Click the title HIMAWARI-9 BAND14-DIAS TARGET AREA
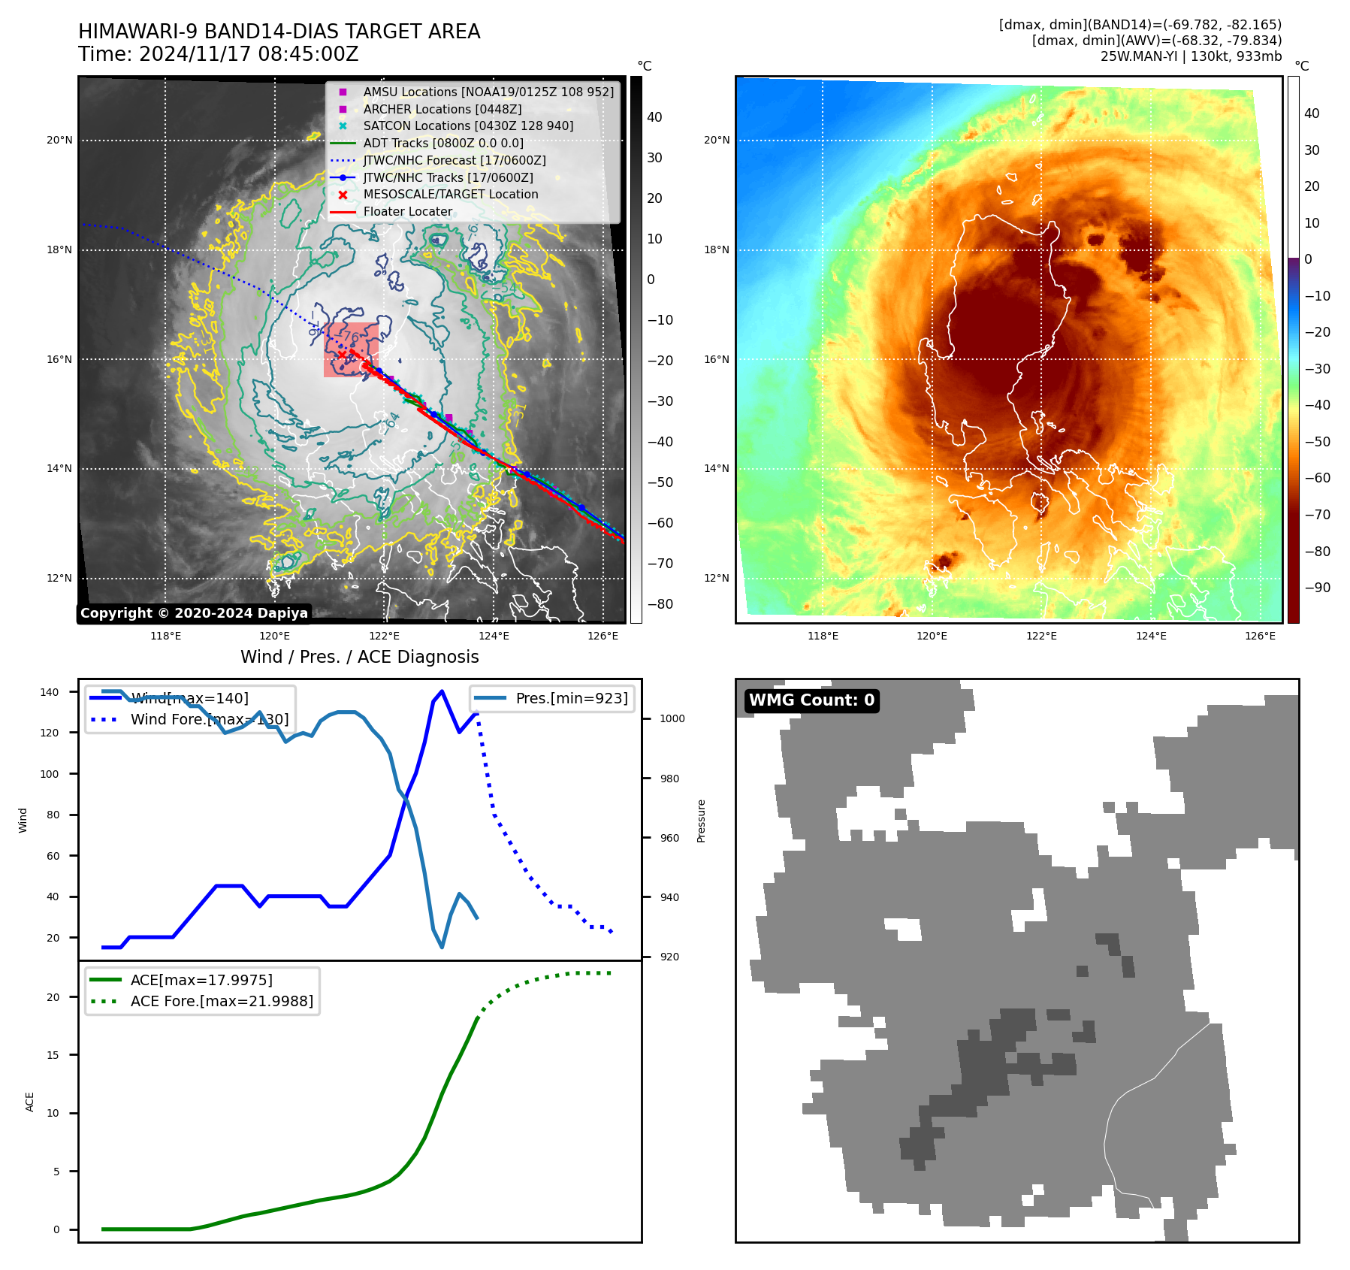pos(279,32)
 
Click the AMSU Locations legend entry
pos(488,92)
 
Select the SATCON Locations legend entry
pos(467,126)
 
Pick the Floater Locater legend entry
pos(407,212)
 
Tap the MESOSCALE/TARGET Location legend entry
pos(450,195)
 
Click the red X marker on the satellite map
pos(342,355)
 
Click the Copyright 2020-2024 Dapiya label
pos(194,613)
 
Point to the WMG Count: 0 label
pos(811,700)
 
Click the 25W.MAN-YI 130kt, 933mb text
pos(1191,56)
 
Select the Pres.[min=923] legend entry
pos(571,698)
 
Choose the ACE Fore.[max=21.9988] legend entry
pos(222,1001)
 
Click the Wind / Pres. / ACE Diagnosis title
pos(359,657)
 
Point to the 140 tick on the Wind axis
pos(50,692)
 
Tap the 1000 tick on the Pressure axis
pos(672,718)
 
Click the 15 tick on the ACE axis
pos(53,1055)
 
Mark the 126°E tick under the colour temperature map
pos(1260,636)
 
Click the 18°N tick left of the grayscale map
pos(59,250)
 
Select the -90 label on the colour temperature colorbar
pos(1317,588)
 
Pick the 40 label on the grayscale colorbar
pos(654,117)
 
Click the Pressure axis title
pos(701,821)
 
